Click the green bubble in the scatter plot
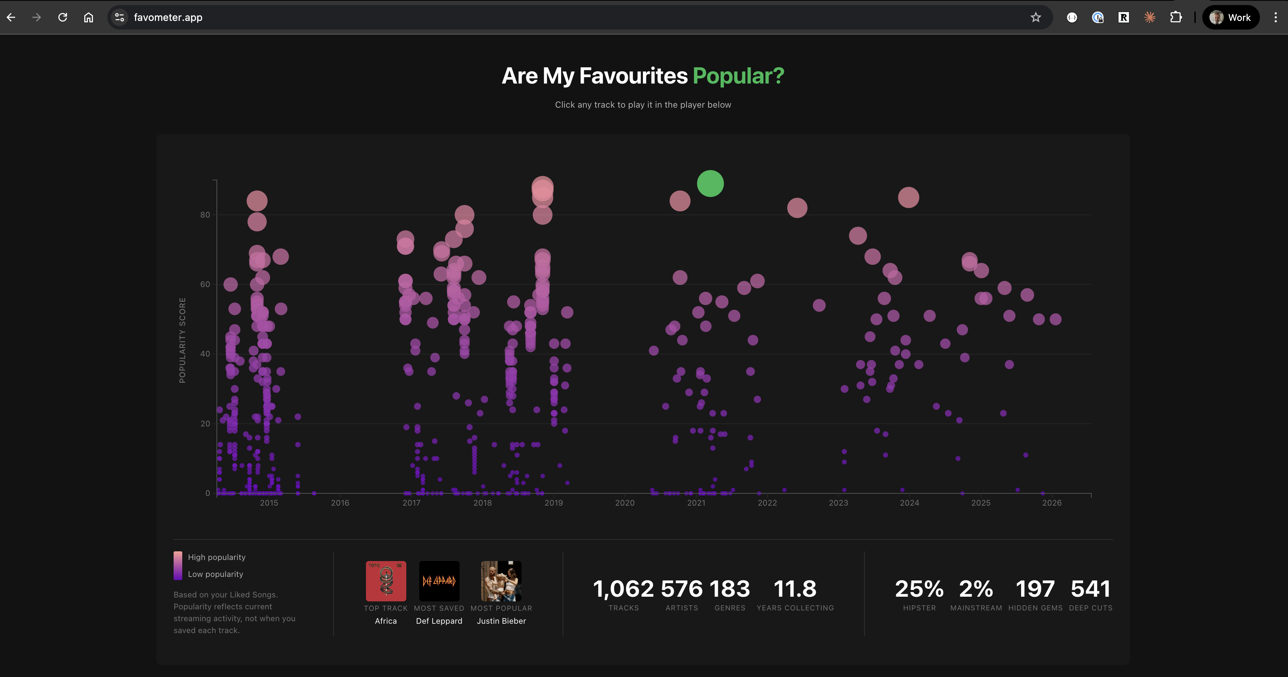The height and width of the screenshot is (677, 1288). click(x=710, y=184)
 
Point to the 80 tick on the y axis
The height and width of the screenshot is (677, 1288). click(x=205, y=215)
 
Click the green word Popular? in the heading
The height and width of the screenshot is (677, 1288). click(x=738, y=76)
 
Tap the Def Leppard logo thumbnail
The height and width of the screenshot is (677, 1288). click(x=439, y=581)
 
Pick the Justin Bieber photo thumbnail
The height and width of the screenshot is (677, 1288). click(x=501, y=581)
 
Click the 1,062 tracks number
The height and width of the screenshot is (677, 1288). click(x=623, y=589)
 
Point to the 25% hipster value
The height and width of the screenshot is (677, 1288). click(x=919, y=589)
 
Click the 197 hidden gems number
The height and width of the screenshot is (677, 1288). click(x=1035, y=589)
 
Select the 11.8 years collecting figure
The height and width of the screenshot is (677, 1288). click(x=795, y=589)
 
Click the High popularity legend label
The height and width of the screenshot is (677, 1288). click(x=216, y=557)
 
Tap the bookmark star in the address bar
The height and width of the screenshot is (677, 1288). click(x=1036, y=18)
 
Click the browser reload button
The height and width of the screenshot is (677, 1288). click(x=63, y=18)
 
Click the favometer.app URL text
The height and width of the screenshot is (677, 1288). click(x=168, y=18)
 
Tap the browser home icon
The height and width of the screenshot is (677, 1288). click(x=89, y=18)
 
